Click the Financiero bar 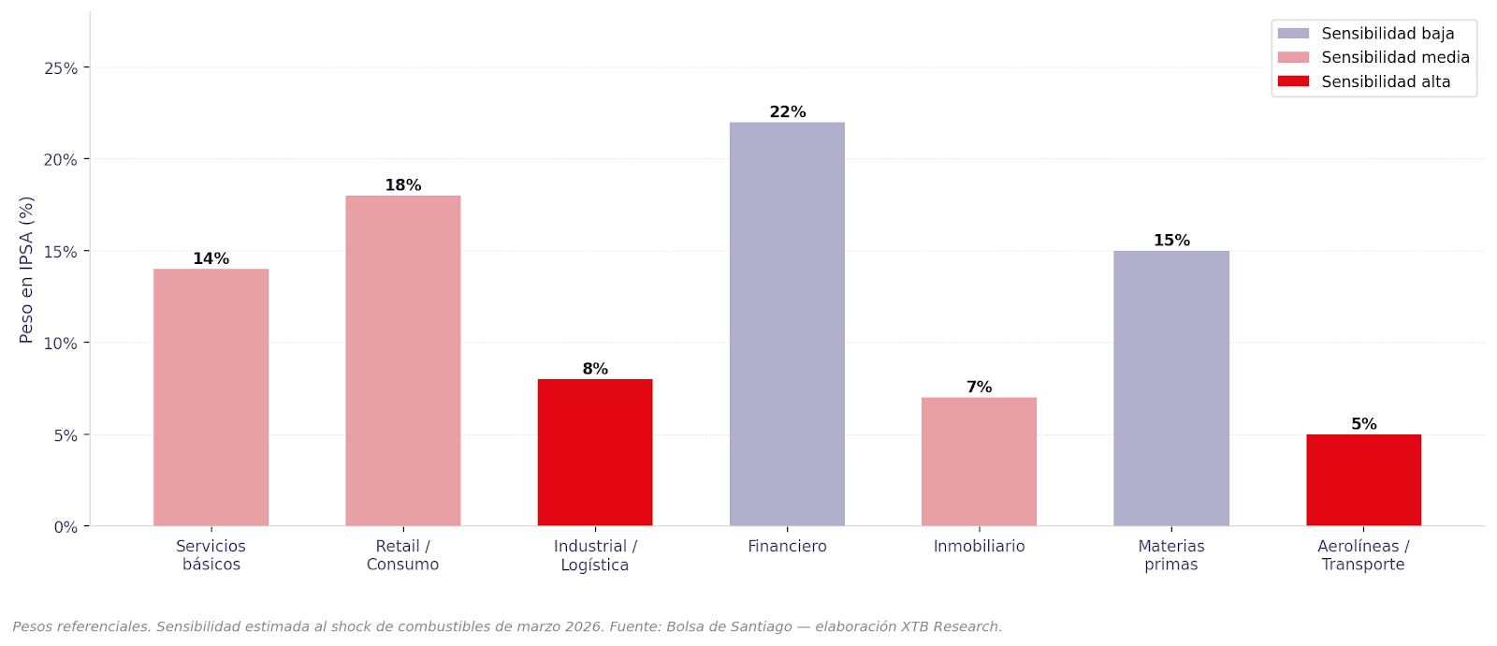click(787, 324)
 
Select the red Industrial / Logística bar click(595, 452)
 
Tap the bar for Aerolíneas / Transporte click(1363, 480)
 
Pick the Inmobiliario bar click(979, 462)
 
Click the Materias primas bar click(1171, 389)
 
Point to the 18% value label click(403, 185)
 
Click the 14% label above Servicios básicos click(211, 258)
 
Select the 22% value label click(788, 112)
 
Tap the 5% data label click(1363, 424)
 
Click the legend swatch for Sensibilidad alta click(1293, 81)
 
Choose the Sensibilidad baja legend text click(1388, 34)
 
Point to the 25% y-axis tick click(61, 68)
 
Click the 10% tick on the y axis click(61, 344)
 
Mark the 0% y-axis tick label click(65, 527)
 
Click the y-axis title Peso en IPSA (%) click(26, 270)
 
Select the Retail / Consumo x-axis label click(402, 555)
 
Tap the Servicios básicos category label click(211, 555)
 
